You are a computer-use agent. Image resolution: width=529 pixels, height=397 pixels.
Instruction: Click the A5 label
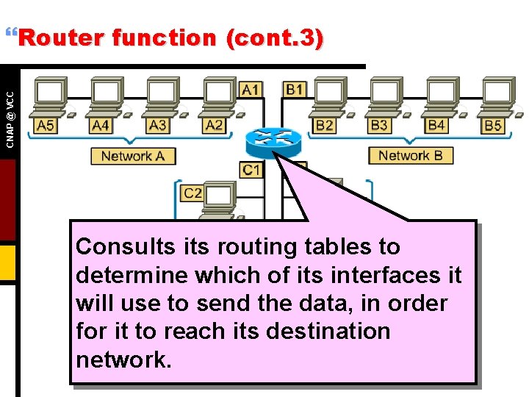pyautogui.click(x=45, y=126)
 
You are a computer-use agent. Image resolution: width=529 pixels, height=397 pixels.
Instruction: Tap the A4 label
pyautogui.click(x=101, y=126)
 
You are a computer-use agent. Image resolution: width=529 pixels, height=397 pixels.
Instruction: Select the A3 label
pyautogui.click(x=157, y=126)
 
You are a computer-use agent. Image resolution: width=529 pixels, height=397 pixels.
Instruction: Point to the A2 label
pyautogui.click(x=214, y=126)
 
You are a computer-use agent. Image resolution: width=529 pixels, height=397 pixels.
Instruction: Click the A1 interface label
pyautogui.click(x=251, y=90)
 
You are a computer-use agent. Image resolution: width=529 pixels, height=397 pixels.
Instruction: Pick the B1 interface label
pyautogui.click(x=295, y=90)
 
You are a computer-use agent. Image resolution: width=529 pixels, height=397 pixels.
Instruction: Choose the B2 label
pyautogui.click(x=324, y=126)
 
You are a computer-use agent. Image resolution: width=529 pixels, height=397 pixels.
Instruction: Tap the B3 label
pyautogui.click(x=379, y=126)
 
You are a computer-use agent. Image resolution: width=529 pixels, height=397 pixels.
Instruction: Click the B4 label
pyautogui.click(x=436, y=126)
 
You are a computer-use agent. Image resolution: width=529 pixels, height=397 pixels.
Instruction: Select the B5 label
pyautogui.click(x=493, y=126)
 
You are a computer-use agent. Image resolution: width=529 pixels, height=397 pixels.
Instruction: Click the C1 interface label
pyautogui.click(x=251, y=171)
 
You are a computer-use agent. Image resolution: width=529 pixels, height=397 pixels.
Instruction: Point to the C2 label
pyautogui.click(x=192, y=193)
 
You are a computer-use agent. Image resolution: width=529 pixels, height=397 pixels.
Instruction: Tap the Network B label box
pyautogui.click(x=410, y=156)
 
